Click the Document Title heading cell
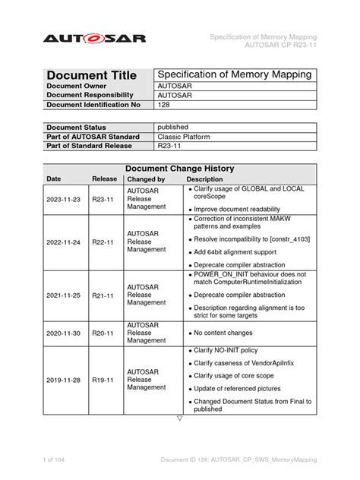(x=91, y=75)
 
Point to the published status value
(x=172, y=127)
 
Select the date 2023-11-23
(x=65, y=200)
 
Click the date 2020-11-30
(x=65, y=332)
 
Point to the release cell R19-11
(x=103, y=380)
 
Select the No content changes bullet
(x=223, y=332)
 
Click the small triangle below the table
(x=180, y=418)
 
